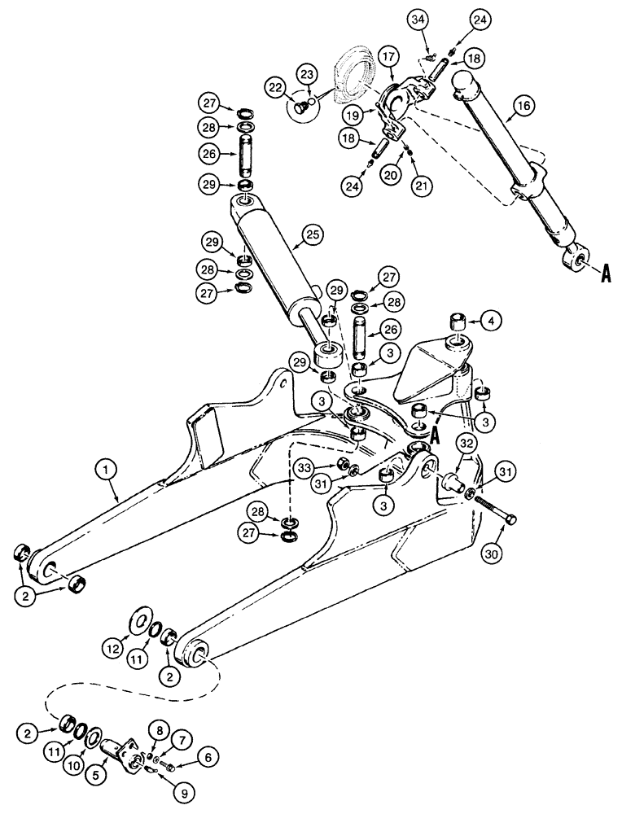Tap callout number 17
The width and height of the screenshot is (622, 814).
[x=387, y=59]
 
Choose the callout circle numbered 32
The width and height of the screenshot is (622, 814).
[x=466, y=444]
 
